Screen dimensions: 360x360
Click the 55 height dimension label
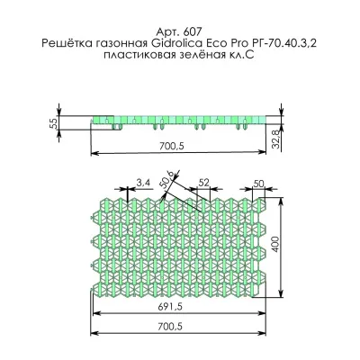[x=55, y=125]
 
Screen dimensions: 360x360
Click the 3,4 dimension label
[x=143, y=183]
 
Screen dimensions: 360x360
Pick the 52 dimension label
[x=203, y=183]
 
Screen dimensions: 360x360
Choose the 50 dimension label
[x=258, y=183]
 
